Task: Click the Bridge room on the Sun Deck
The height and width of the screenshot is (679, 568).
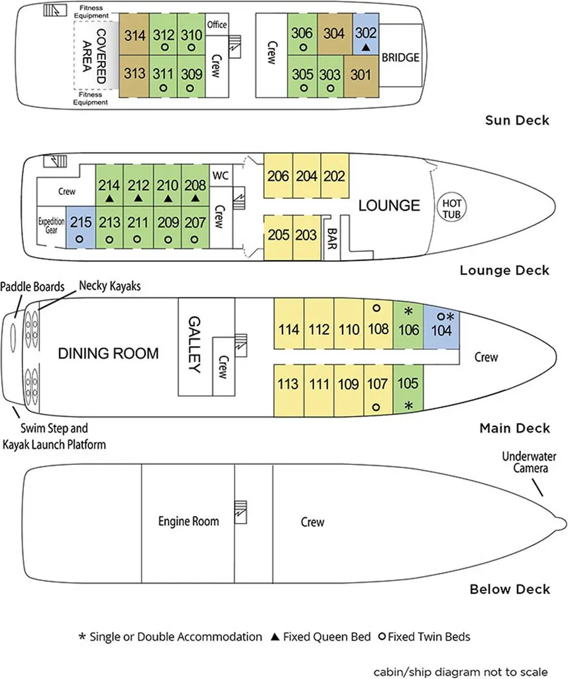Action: (x=400, y=58)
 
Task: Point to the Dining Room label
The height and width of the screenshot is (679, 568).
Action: (x=108, y=353)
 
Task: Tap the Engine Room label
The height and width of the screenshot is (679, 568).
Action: (x=188, y=522)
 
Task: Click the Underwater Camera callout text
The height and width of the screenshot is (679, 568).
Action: (x=529, y=462)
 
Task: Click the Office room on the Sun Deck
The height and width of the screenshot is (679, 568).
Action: (x=217, y=25)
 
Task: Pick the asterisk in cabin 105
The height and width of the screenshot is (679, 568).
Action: (x=409, y=405)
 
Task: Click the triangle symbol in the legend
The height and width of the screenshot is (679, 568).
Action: (x=274, y=637)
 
